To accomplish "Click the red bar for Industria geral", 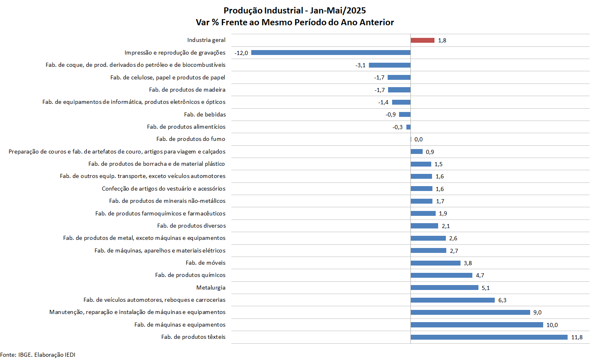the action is [x=423, y=40].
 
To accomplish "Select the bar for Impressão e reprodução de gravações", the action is [x=331, y=53].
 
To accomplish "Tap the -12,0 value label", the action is [x=241, y=53].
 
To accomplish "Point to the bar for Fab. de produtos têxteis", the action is [x=489, y=337].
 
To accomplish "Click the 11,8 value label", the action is [x=577, y=337].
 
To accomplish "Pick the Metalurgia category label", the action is [x=211, y=288].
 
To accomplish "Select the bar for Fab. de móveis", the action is [x=435, y=263].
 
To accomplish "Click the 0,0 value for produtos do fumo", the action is [x=419, y=139].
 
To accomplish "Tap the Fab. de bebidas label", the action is [x=205, y=114].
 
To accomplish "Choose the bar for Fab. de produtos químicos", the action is [x=441, y=275].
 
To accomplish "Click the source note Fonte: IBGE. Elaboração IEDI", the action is [x=38, y=355].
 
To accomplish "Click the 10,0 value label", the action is [x=552, y=325].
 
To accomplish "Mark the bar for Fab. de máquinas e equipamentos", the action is [x=477, y=325].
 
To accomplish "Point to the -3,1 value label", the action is [x=360, y=65].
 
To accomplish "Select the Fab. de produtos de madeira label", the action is [x=187, y=90].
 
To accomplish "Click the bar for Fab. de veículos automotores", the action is [x=452, y=300].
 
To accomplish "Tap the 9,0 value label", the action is [x=537, y=312].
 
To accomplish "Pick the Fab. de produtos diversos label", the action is [x=191, y=226].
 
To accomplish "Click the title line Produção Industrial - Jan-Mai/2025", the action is [x=295, y=11].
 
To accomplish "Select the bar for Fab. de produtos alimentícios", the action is [x=408, y=127].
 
